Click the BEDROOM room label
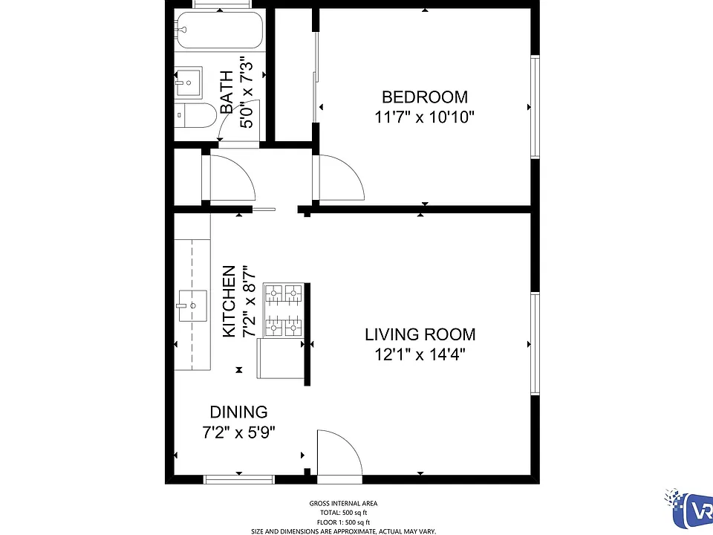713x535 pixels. click(425, 97)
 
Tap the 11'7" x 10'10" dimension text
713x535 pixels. click(424, 117)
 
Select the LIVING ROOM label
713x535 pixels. click(420, 334)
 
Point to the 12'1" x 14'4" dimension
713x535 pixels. click(420, 354)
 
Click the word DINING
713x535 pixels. click(238, 412)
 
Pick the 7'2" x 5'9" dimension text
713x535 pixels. click(238, 432)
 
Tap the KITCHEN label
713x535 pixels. click(229, 301)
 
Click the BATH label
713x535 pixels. click(227, 92)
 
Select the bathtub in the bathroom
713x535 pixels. click(220, 30)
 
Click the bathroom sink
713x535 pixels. click(189, 82)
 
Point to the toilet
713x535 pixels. click(196, 116)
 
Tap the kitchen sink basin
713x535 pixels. click(192, 305)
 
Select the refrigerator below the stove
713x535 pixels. click(281, 358)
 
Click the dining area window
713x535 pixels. click(238, 479)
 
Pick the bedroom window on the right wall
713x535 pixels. click(535, 107)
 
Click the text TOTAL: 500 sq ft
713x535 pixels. click(343, 513)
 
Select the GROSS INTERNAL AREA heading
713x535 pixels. click(343, 503)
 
